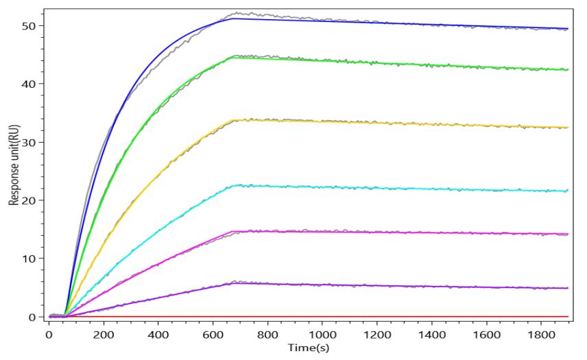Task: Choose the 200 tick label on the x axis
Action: [103, 335]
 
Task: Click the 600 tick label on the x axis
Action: [213, 335]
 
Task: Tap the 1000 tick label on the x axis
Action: [322, 335]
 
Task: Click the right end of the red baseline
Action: [568, 316]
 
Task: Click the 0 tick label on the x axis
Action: [49, 335]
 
